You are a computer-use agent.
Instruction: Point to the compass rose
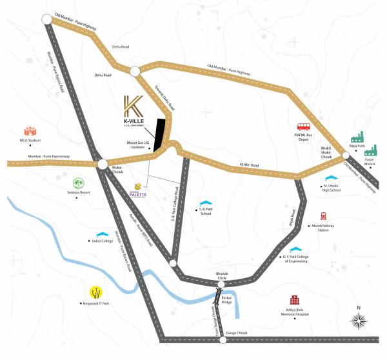click(360, 319)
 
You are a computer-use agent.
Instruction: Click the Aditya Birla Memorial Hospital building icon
click(295, 301)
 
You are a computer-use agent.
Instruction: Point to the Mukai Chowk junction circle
click(103, 165)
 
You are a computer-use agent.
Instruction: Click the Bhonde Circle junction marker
click(221, 284)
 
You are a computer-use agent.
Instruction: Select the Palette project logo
click(138, 190)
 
